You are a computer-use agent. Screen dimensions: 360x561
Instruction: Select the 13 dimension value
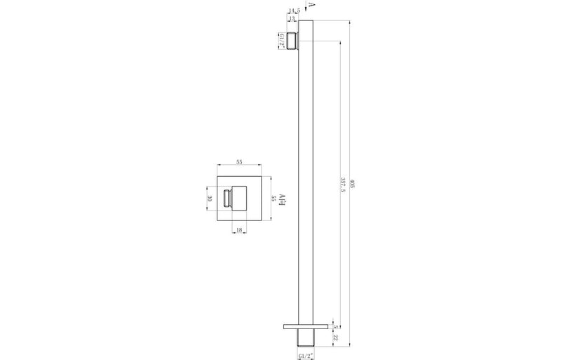click(x=292, y=19)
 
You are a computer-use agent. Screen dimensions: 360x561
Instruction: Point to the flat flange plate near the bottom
click(x=304, y=326)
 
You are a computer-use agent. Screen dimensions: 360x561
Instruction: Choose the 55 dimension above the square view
click(x=239, y=162)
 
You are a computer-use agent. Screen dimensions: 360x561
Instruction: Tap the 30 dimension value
click(x=209, y=198)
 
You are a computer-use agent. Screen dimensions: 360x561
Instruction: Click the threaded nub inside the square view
click(x=227, y=198)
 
